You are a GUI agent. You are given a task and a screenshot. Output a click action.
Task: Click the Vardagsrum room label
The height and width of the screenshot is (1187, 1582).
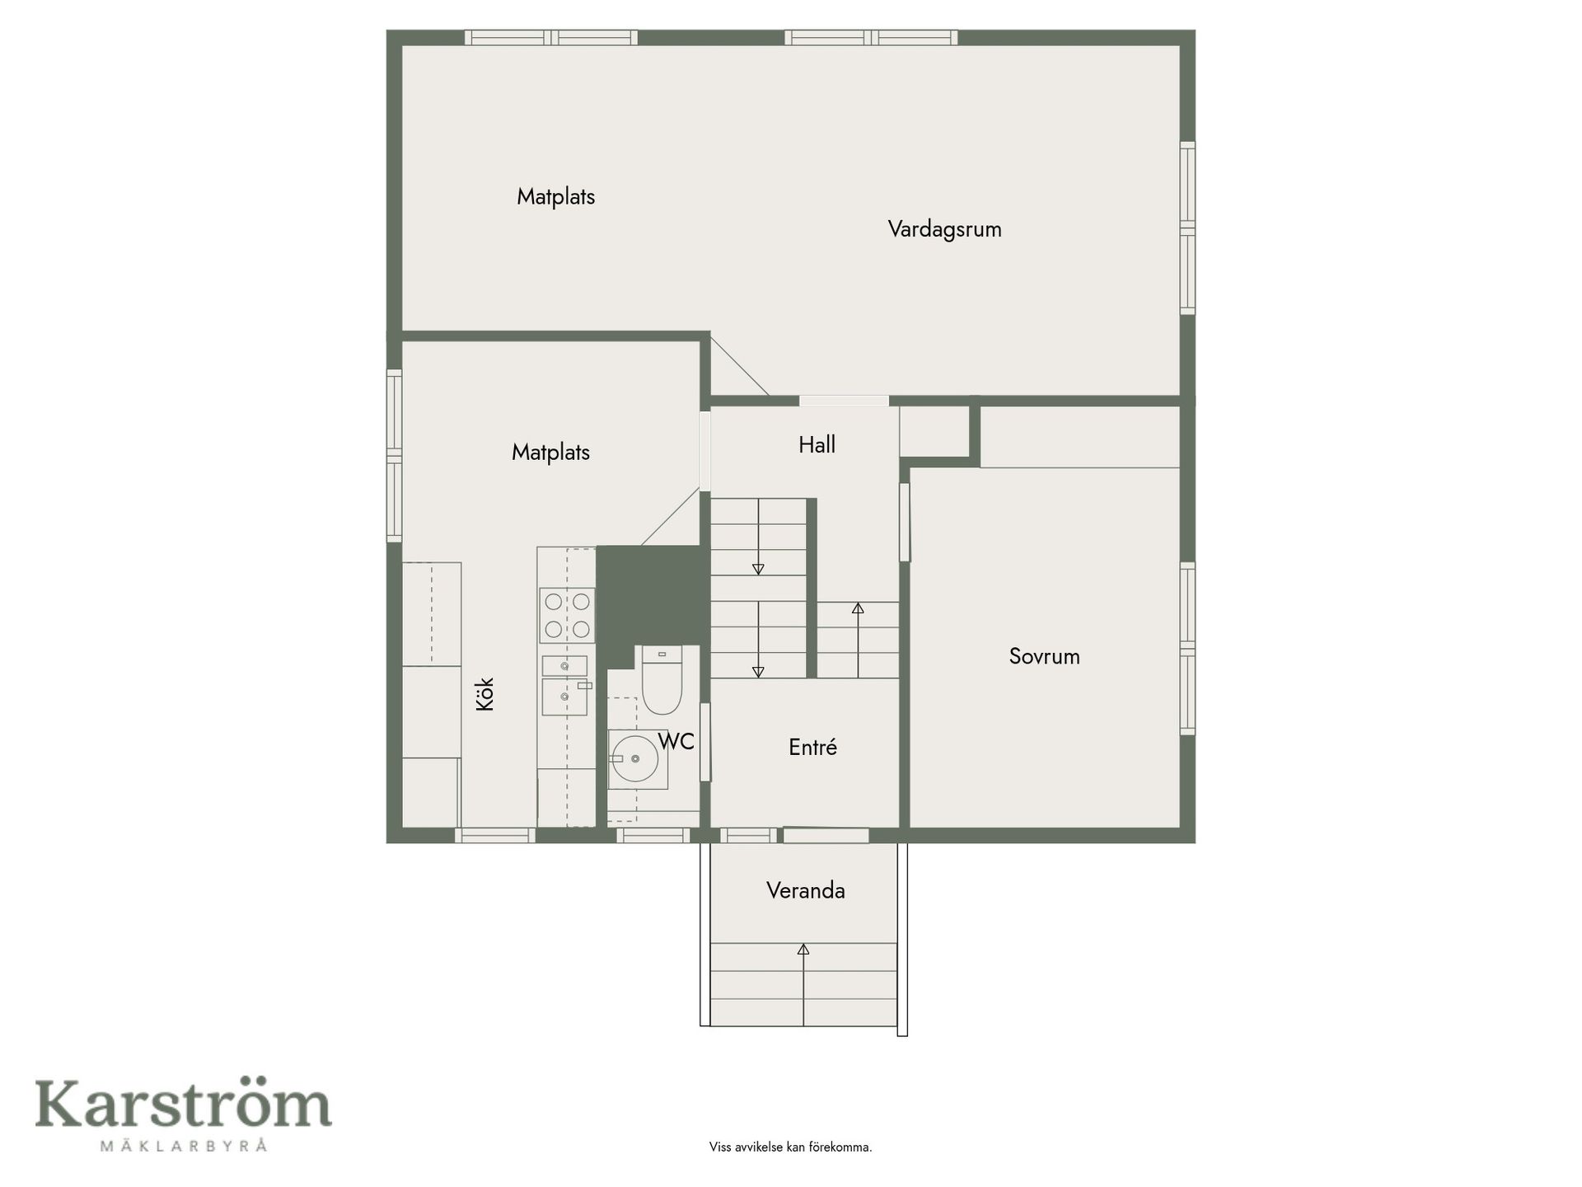click(944, 229)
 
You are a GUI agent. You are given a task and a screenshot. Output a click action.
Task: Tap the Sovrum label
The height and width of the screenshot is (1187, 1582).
click(1044, 656)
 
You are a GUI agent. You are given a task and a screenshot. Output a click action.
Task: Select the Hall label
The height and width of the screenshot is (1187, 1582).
click(817, 445)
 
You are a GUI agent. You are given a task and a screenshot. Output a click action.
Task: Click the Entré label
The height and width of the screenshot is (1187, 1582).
click(812, 747)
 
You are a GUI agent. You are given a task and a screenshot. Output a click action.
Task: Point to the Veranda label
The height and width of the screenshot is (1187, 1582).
click(805, 890)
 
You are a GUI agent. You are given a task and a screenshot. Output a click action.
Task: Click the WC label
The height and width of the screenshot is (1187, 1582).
click(676, 742)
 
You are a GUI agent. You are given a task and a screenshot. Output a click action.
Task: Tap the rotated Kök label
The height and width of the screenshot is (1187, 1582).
click(484, 694)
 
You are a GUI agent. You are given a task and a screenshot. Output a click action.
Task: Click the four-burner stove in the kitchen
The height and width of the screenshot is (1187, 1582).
click(567, 615)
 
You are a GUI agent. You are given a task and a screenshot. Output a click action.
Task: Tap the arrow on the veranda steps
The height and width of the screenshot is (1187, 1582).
click(803, 984)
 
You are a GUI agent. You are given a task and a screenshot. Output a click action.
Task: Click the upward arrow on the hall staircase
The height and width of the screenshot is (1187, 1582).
click(858, 640)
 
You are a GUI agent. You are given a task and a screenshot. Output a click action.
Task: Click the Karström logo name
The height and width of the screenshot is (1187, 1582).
click(183, 1105)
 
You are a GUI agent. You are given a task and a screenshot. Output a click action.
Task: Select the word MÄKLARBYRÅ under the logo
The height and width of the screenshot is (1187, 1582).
click(183, 1145)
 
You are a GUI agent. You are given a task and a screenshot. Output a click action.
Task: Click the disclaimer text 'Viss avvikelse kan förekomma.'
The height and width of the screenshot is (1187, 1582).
click(790, 1147)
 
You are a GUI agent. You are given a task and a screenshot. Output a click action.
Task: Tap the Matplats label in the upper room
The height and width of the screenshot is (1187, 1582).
click(555, 197)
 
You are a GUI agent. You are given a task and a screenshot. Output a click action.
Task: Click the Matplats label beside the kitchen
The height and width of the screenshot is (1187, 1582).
click(550, 453)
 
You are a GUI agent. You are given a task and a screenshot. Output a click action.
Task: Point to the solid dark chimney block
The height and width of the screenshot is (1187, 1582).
click(652, 595)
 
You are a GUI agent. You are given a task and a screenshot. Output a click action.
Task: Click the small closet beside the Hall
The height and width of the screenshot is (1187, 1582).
click(934, 431)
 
